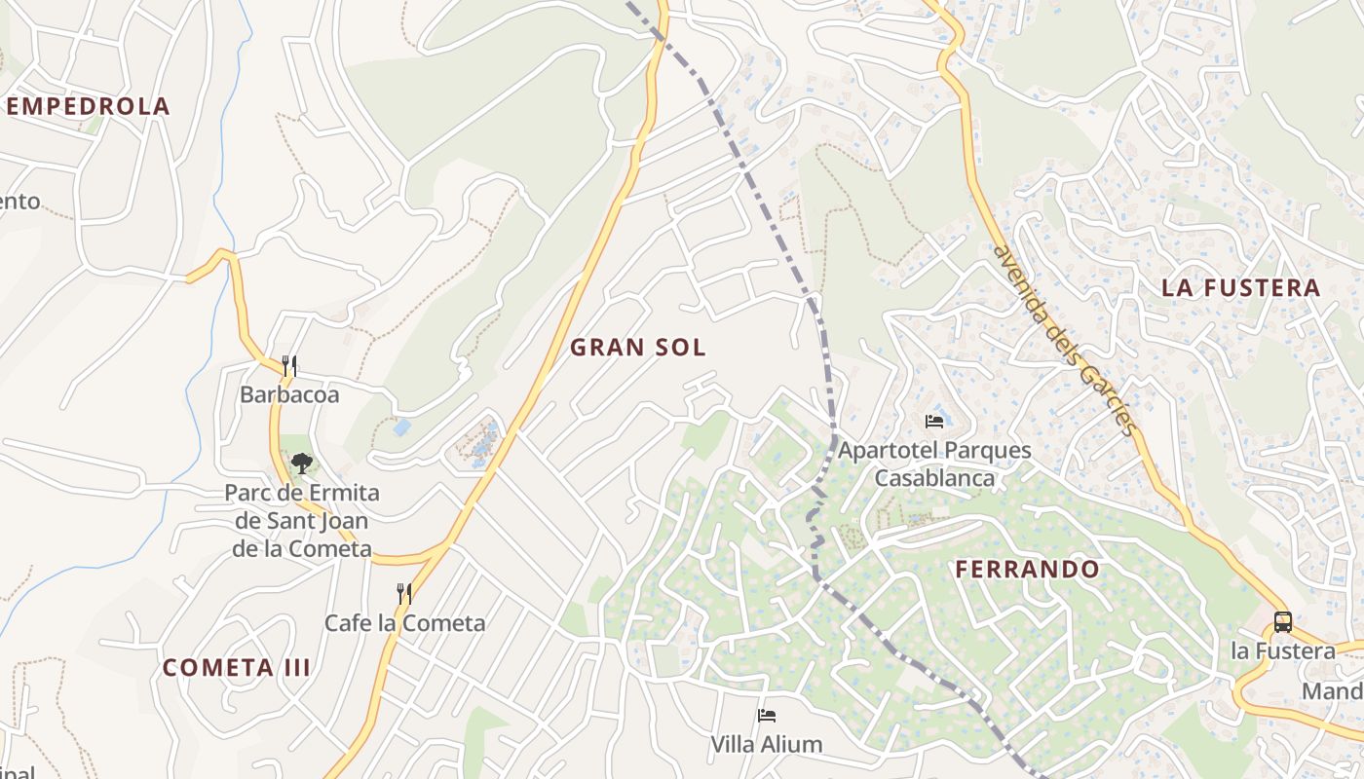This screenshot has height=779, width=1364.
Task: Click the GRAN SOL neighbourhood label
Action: point(637,348)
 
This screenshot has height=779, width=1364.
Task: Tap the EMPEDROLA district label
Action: point(88,106)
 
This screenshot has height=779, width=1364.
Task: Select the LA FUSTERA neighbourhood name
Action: point(1240,287)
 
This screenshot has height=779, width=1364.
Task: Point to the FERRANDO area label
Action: point(1027,570)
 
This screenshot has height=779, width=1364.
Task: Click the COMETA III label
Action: point(237,668)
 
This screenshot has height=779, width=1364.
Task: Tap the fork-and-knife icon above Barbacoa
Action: point(288,366)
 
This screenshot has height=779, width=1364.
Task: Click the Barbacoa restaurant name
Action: point(289,394)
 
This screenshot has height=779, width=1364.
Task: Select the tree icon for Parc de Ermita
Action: point(302,464)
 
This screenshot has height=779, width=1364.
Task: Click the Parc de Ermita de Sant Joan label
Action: point(302,521)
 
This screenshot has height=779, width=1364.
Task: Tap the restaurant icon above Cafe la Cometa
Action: point(404,593)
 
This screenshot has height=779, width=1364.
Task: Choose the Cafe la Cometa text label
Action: point(404,622)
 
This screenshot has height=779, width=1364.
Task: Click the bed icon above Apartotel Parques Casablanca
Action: point(934,422)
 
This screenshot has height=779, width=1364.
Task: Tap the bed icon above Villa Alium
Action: point(767,716)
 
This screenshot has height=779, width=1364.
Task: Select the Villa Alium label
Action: point(766,745)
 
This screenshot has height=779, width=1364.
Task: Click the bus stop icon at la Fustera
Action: point(1283,622)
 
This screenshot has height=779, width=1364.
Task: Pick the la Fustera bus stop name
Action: point(1283,650)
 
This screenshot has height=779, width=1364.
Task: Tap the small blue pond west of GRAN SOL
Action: point(401,427)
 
